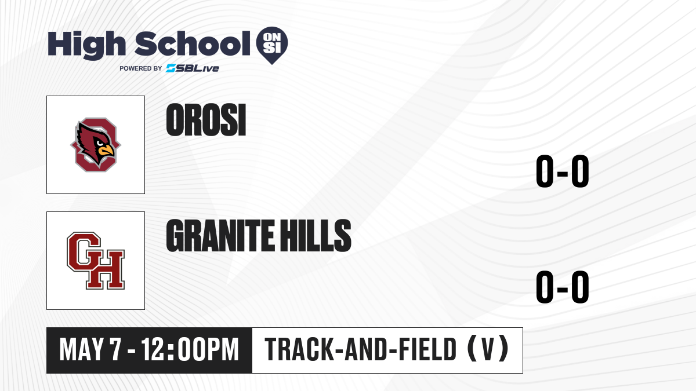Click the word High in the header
pyautogui.click(x=86, y=45)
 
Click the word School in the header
pyautogui.click(x=193, y=43)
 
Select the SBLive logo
pyautogui.click(x=193, y=68)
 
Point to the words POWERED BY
pyautogui.click(x=141, y=68)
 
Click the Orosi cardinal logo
pyautogui.click(x=96, y=145)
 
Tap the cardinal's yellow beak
pyautogui.click(x=106, y=151)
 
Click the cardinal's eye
pyautogui.click(x=100, y=143)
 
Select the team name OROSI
pyautogui.click(x=206, y=120)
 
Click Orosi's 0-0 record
pyautogui.click(x=563, y=171)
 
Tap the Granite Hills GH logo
pyautogui.click(x=96, y=261)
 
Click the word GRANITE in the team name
pyautogui.click(x=220, y=236)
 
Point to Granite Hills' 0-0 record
pyautogui.click(x=563, y=287)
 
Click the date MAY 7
pyautogui.click(x=90, y=349)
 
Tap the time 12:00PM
pyautogui.click(x=190, y=349)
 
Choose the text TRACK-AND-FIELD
pyautogui.click(x=360, y=349)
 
